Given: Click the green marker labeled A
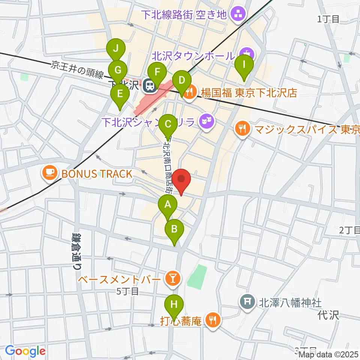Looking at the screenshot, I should (168, 205).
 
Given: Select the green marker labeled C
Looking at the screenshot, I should (168, 124).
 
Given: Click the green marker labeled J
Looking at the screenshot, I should (116, 48).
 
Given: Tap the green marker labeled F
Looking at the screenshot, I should (157, 72).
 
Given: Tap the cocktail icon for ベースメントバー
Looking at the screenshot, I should (173, 279).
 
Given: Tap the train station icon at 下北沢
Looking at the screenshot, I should (150, 86).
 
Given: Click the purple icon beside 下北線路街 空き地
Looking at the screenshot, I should (237, 15).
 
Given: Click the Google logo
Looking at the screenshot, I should (25, 351).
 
